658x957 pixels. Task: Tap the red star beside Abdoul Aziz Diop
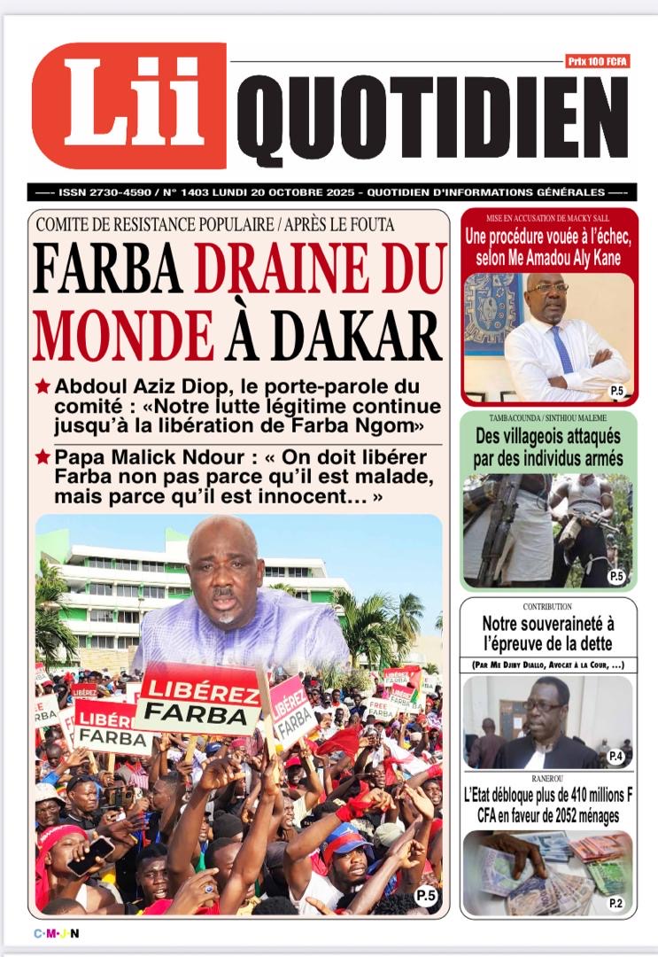point(43,386)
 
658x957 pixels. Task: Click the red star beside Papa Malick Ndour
point(43,456)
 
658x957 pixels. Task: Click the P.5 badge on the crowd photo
point(426,895)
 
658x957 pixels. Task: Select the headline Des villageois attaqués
point(548,447)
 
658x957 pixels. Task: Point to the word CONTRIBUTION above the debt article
point(547,607)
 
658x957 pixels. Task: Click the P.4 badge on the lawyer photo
point(616,756)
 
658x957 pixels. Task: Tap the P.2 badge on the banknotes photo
point(615,902)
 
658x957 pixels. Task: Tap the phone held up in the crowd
point(90,856)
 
